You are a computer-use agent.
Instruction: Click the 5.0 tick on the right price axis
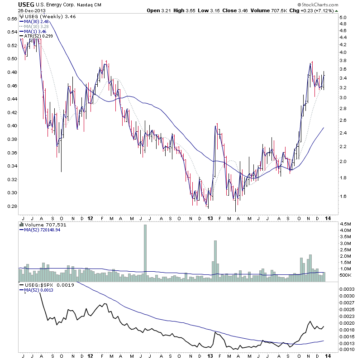tap(343, 18)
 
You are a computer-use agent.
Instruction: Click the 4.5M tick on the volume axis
tap(345, 224)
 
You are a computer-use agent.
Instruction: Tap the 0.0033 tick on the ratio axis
tap(346, 288)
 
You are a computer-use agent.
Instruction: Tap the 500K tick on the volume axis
tap(346, 275)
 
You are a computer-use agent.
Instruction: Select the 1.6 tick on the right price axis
tap(343, 197)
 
